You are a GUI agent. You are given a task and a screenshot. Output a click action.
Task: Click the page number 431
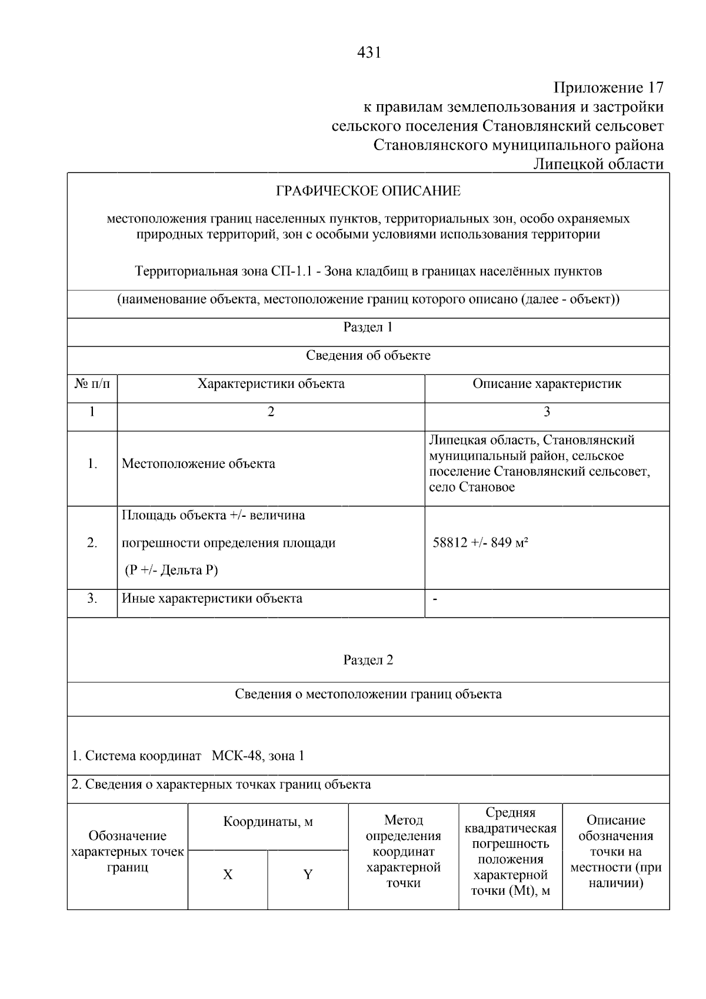[x=369, y=53]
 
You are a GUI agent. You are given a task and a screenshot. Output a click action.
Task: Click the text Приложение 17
[x=608, y=88]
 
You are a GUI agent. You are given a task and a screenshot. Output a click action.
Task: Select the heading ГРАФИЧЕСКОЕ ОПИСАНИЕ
[x=368, y=191]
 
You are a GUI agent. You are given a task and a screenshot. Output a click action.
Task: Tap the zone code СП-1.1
[x=292, y=271]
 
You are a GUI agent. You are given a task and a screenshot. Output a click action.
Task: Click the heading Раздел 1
[x=368, y=327]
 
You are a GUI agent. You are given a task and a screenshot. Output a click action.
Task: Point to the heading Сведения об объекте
[x=368, y=356]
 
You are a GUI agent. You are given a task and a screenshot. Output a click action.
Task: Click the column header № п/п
[x=92, y=384]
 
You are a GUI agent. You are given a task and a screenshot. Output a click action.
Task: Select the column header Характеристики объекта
[x=271, y=384]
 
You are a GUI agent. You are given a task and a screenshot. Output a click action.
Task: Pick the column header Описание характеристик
[x=547, y=384]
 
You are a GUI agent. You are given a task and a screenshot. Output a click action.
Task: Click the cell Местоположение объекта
[x=198, y=464]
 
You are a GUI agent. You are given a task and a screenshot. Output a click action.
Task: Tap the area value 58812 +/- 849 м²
[x=480, y=543]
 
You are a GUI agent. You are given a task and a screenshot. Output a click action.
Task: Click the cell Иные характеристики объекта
[x=212, y=599]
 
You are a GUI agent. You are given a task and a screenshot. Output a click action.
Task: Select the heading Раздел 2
[x=368, y=661]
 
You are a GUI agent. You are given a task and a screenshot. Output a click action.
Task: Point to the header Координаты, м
[x=268, y=822]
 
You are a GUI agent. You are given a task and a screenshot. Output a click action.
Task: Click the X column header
[x=228, y=875]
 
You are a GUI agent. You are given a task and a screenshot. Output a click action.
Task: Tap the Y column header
[x=308, y=875]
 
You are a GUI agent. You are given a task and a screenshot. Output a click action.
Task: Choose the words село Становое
[x=472, y=487]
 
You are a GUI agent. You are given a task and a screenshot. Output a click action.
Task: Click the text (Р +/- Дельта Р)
[x=171, y=570]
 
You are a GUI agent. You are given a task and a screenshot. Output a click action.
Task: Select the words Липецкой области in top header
[x=598, y=164]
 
